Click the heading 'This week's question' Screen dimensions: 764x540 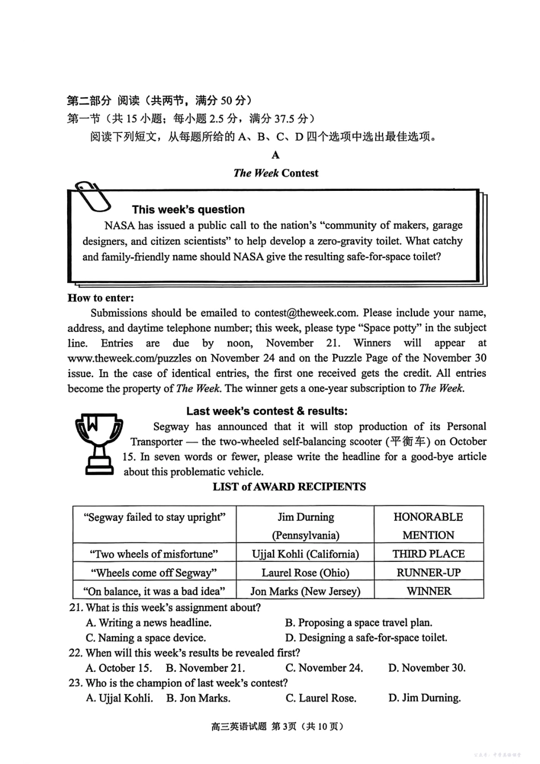(188, 209)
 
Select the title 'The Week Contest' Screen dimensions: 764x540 (276, 173)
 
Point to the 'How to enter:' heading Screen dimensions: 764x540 (101, 298)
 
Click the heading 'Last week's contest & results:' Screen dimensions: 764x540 (267, 411)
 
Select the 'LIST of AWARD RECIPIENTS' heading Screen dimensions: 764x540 (289, 487)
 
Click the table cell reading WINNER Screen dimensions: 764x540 (429, 591)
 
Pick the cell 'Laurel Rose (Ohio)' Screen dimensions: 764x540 (305, 573)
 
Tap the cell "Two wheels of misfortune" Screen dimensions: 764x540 (154, 554)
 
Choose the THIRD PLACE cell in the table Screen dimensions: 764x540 (429, 554)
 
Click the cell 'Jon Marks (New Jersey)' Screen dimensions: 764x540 (305, 591)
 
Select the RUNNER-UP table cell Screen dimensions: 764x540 (429, 573)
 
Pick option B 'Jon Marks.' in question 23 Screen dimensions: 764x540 (198, 698)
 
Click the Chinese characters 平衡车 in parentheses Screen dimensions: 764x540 (408, 441)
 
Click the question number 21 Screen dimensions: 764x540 (76, 608)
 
